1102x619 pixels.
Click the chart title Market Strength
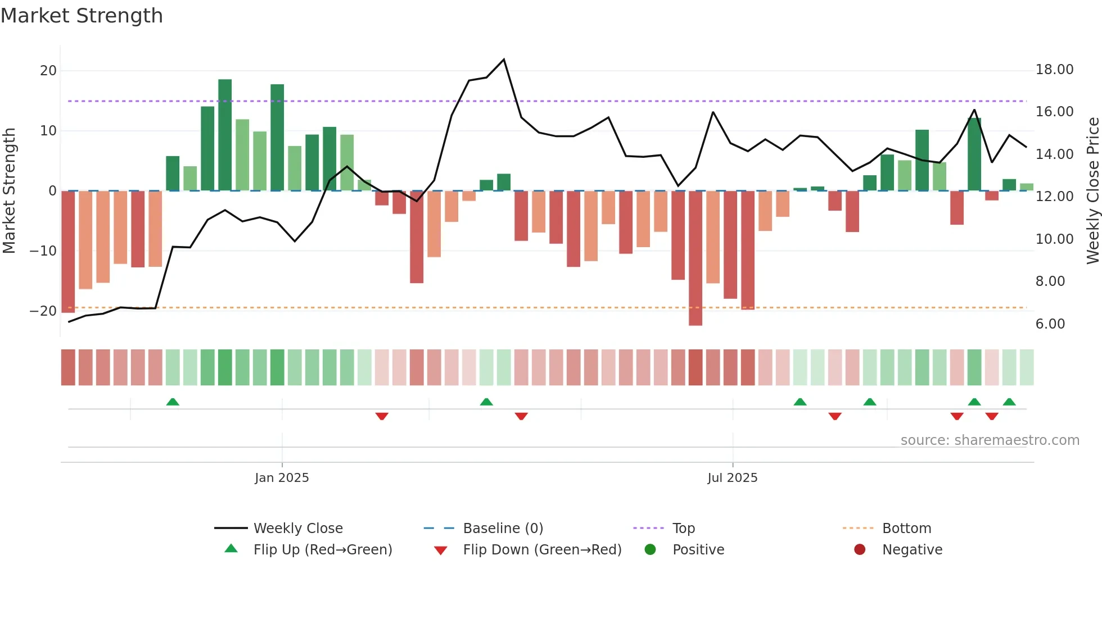click(x=82, y=16)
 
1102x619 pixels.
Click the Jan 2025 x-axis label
click(x=282, y=477)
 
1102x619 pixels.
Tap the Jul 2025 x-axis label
click(x=732, y=477)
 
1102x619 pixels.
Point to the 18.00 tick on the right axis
click(x=1054, y=70)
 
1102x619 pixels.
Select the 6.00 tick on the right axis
click(x=1050, y=324)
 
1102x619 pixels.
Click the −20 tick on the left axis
click(x=43, y=311)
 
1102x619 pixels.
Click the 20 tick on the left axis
click(x=48, y=71)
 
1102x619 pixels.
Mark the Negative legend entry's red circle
click(x=859, y=549)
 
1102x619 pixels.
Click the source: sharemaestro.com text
click(x=990, y=440)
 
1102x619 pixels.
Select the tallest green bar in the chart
click(x=225, y=135)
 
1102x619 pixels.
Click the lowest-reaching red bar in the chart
click(x=695, y=258)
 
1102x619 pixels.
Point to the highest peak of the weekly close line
click(x=504, y=60)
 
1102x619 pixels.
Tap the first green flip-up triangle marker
click(x=173, y=402)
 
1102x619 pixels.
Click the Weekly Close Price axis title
click(x=1092, y=191)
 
